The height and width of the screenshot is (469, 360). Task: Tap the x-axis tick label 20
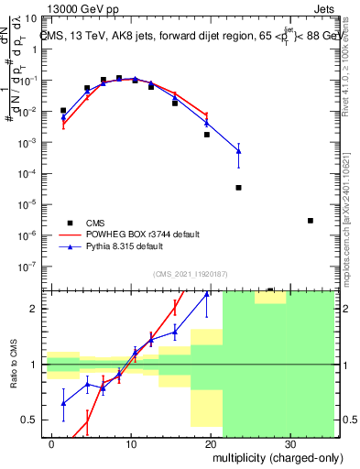click(x=211, y=443)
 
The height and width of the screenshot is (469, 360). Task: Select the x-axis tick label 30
click(x=290, y=443)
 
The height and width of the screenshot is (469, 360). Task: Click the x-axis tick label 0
click(x=52, y=443)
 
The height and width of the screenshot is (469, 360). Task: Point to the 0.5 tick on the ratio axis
click(x=32, y=420)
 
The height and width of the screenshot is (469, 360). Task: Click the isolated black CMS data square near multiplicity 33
click(x=311, y=221)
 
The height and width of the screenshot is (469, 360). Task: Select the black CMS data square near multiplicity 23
click(x=238, y=188)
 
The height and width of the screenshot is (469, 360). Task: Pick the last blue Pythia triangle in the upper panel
click(x=238, y=150)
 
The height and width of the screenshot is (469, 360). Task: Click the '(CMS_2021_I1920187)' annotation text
click(x=190, y=273)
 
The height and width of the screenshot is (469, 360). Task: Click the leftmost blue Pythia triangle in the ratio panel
click(x=63, y=402)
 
